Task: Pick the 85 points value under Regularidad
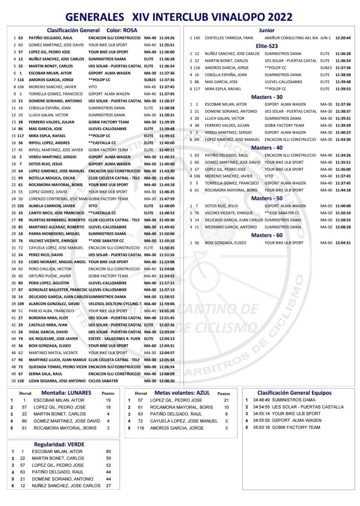coord(109,452)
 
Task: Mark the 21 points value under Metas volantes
coord(226,400)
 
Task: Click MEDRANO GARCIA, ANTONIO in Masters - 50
coord(230,227)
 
